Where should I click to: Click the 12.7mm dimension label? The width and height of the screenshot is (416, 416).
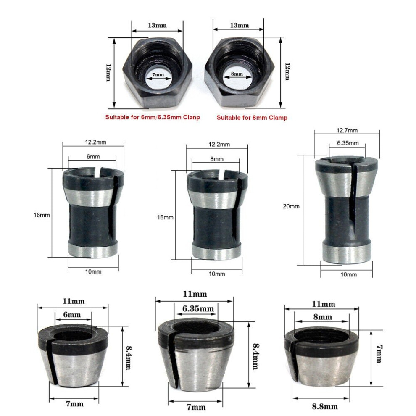click(347, 130)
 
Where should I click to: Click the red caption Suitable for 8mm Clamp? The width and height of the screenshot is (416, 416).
click(252, 118)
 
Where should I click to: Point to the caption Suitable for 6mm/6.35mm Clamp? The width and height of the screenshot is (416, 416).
click(152, 117)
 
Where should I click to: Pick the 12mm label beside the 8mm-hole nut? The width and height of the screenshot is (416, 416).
click(287, 72)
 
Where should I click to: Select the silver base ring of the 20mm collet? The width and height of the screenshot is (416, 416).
click(346, 252)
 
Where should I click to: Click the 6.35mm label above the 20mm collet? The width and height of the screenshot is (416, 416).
click(348, 143)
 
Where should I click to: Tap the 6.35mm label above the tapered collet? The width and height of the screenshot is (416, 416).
click(198, 309)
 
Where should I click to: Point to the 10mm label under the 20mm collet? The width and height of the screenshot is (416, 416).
click(348, 274)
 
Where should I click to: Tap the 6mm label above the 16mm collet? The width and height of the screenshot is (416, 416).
click(93, 156)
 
